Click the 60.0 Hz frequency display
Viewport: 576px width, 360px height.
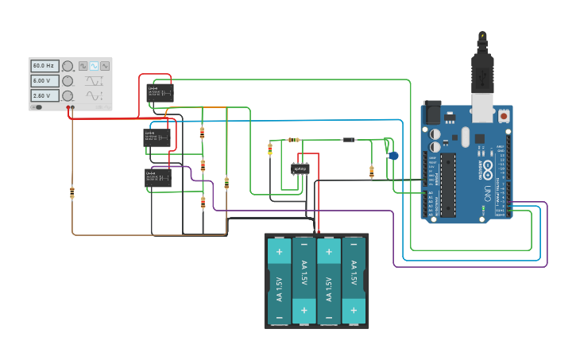44,66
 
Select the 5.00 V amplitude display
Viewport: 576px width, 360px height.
44,81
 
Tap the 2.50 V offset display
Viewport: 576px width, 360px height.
44,95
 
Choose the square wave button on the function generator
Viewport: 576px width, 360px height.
83,66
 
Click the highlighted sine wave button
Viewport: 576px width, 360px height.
94,66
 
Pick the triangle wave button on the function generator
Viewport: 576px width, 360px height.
104,66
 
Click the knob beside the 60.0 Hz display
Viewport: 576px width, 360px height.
68,66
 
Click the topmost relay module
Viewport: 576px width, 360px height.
161,93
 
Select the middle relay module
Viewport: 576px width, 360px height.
157,137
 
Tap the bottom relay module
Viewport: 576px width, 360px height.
157,178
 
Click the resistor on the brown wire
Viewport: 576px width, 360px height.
72,192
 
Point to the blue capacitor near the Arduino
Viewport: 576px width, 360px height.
393,156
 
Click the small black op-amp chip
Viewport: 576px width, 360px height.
300,168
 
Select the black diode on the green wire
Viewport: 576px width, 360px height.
348,140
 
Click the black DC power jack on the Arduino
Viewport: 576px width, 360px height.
431,111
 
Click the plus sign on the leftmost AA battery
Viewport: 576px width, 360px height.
279,253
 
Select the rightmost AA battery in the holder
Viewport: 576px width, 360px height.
354,280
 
